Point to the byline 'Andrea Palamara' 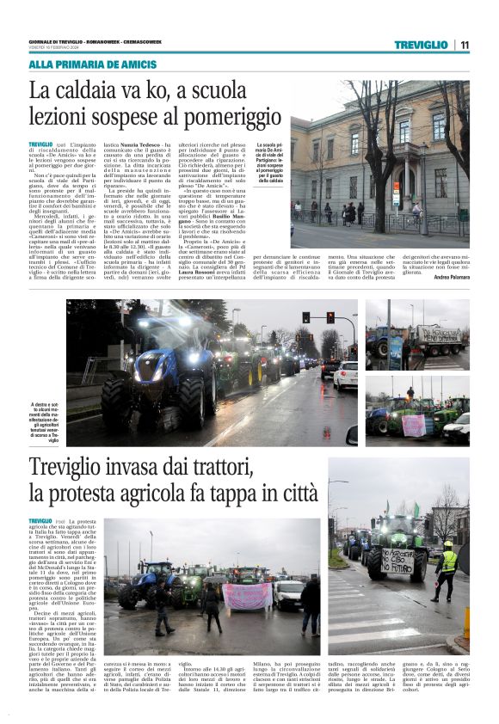(452, 277)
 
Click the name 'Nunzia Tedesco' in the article (128, 146)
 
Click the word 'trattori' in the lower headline (213, 469)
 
